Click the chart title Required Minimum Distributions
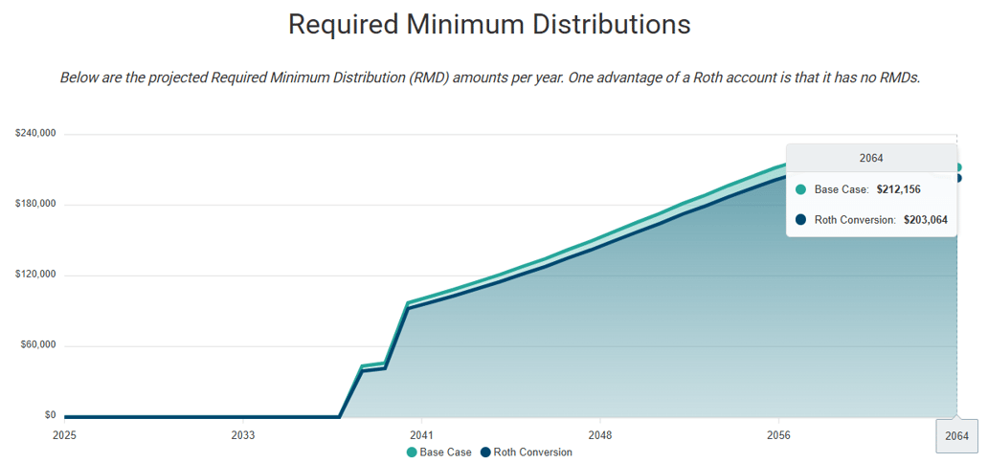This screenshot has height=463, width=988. [x=489, y=25]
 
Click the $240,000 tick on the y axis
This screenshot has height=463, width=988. [x=35, y=134]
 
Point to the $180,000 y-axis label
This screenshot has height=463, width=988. [x=35, y=204]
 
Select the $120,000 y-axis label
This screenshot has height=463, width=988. [x=35, y=275]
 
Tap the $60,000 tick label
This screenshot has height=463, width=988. [x=38, y=345]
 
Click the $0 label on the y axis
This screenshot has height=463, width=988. [x=49, y=415]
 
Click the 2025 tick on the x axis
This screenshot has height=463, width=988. [x=64, y=434]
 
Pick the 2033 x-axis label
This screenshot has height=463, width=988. [x=243, y=434]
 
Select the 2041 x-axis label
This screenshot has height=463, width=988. [x=421, y=434]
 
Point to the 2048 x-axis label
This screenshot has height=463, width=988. [x=599, y=434]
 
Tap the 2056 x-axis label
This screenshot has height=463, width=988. [x=778, y=434]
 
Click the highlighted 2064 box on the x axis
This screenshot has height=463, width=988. [x=956, y=435]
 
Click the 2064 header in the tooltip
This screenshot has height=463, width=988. [x=871, y=158]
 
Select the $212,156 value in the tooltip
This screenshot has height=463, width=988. [x=898, y=189]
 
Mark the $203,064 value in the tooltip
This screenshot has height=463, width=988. [x=925, y=219]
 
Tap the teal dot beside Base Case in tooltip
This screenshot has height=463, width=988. [x=801, y=189]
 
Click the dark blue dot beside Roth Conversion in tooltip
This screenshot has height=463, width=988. [x=801, y=219]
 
